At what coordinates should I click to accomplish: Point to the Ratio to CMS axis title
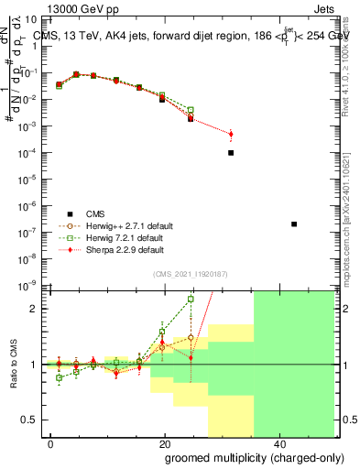point(15,364)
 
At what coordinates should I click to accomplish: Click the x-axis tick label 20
point(164,442)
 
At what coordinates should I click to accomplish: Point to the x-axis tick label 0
point(51,442)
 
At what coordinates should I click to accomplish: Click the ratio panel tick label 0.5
point(34,420)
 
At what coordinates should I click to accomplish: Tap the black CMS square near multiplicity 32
point(231,153)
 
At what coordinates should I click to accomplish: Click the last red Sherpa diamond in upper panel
point(231,134)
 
